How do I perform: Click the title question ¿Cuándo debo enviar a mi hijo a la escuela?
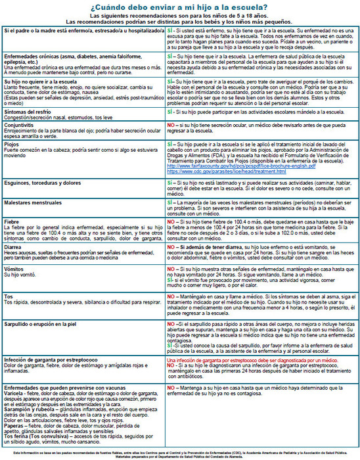(180, 7)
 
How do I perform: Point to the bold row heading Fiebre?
(12, 223)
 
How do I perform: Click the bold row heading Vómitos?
(15, 270)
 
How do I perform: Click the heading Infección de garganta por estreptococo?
(55, 361)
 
